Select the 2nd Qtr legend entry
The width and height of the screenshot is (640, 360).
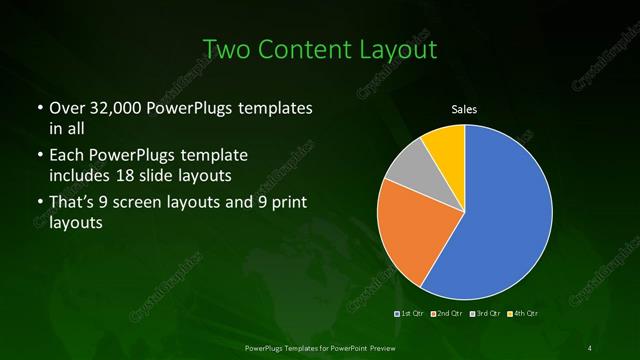[x=447, y=314]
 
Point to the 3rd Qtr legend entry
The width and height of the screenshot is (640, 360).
[x=485, y=314]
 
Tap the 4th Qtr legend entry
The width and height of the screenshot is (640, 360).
[x=523, y=314]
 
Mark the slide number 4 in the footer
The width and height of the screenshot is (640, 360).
[x=591, y=347]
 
